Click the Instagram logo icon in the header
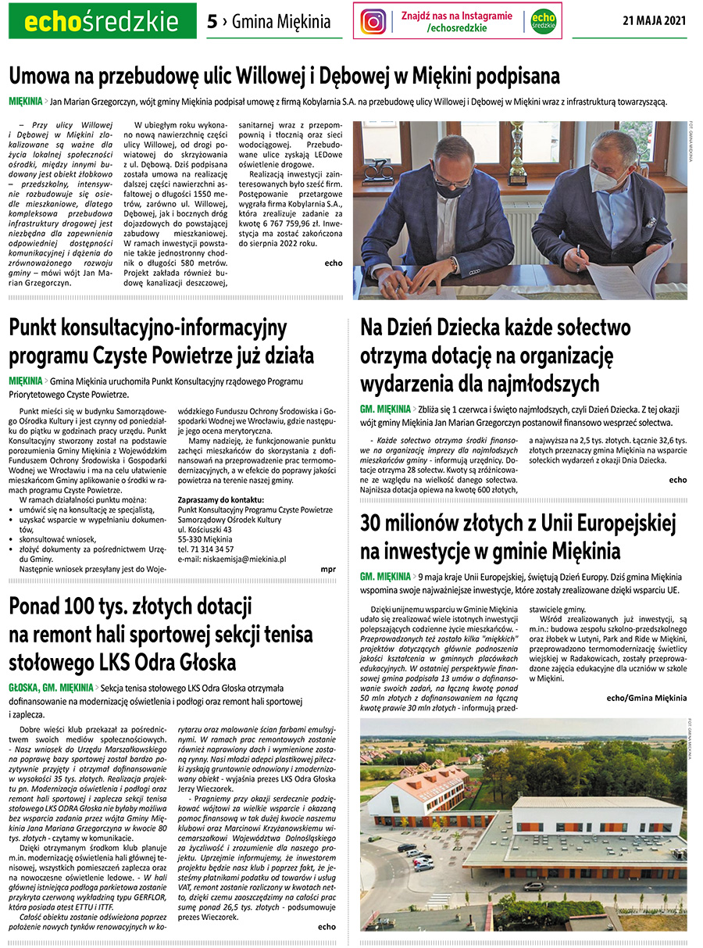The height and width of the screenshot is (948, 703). coord(373,21)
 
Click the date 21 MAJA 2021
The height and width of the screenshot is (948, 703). coord(655,21)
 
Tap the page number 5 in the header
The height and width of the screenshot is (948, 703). coord(212,22)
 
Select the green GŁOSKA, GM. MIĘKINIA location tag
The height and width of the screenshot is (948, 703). coord(51,688)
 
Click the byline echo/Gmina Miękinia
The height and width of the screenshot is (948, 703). coord(646,697)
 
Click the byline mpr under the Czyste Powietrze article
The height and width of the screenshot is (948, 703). coord(328,570)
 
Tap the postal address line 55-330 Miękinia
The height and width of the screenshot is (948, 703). coord(205,539)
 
